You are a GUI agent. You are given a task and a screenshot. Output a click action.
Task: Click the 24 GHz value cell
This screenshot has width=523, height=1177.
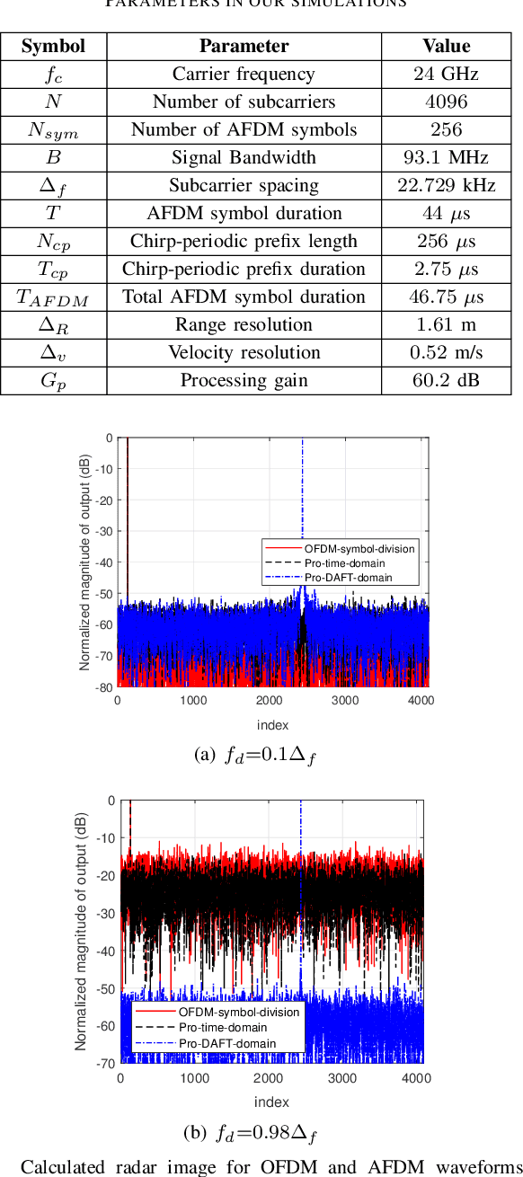tap(446, 75)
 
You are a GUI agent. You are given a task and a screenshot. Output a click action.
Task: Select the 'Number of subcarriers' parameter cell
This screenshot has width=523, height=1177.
tap(244, 102)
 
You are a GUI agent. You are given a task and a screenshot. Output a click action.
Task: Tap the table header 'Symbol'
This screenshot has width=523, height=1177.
tap(53, 46)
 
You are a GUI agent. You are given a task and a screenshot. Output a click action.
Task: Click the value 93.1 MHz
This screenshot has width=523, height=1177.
tap(446, 158)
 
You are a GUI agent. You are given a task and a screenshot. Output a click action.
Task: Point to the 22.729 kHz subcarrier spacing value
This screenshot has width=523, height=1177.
tap(446, 186)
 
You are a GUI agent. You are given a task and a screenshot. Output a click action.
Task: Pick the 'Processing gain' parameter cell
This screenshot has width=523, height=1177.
tap(244, 381)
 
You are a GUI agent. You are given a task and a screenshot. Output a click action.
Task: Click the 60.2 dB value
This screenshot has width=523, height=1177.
tap(446, 381)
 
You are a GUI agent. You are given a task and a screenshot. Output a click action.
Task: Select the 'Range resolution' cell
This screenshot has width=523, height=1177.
tap(244, 325)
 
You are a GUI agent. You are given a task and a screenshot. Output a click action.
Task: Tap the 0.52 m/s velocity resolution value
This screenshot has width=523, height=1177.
tap(446, 353)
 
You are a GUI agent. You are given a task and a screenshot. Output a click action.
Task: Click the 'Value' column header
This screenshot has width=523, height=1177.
tap(446, 46)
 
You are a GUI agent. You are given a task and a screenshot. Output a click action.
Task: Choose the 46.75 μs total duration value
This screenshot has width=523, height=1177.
tap(446, 297)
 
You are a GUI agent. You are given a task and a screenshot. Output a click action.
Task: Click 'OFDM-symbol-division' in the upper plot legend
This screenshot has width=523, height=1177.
tap(347, 549)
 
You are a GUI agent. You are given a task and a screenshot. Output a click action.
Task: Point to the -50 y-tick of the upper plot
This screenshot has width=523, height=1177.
tap(105, 594)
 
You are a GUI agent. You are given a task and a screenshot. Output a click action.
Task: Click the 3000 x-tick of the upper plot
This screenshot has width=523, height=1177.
tap(345, 701)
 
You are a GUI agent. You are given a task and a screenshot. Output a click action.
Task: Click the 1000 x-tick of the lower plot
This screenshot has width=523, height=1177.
tap(195, 1078)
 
